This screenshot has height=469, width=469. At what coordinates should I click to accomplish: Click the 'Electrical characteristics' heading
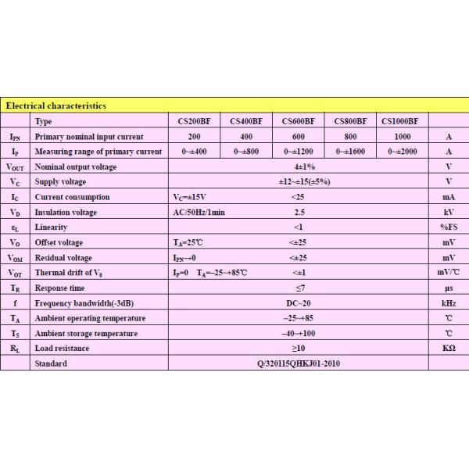[x=56, y=106]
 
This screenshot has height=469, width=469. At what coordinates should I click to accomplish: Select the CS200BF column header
[x=194, y=121]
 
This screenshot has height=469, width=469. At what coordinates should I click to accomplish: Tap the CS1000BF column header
[x=400, y=121]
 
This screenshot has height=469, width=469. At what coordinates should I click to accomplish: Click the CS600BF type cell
[x=298, y=121]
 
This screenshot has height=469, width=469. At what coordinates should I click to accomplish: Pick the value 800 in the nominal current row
[x=349, y=136]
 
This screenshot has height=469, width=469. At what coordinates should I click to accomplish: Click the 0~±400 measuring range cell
[x=194, y=151]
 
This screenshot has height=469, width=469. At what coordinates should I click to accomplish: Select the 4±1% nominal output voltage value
[x=298, y=166]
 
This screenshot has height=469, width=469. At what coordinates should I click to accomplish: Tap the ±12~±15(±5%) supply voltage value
[x=298, y=181]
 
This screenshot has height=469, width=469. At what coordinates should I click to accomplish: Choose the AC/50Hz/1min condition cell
[x=199, y=212]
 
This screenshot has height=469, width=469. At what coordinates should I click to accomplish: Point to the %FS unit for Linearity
[x=448, y=227]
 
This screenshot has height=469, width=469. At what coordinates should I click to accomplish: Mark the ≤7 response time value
[x=298, y=288]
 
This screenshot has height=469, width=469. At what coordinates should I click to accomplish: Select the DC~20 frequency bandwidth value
[x=298, y=303]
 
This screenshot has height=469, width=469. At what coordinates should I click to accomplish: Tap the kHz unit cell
[x=448, y=303]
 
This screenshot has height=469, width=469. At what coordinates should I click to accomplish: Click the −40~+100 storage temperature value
[x=298, y=333]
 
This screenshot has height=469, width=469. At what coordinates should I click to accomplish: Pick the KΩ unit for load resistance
[x=448, y=348]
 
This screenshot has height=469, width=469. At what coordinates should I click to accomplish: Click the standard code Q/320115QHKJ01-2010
[x=298, y=363]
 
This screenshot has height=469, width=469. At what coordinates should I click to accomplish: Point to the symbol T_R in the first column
[x=15, y=288]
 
